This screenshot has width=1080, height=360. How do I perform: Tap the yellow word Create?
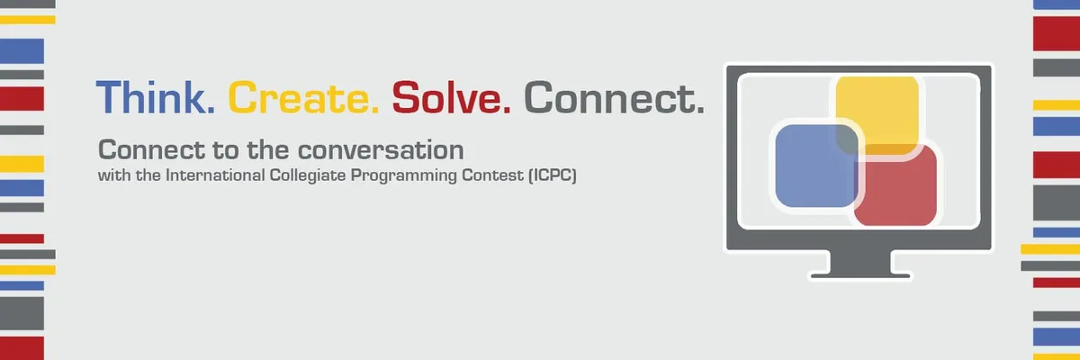click(302, 97)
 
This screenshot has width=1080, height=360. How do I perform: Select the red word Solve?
click(451, 97)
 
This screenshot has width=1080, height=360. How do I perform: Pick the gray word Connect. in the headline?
click(613, 97)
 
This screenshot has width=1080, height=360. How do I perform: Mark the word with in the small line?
click(112, 176)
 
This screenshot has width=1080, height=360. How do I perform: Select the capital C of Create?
click(240, 97)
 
